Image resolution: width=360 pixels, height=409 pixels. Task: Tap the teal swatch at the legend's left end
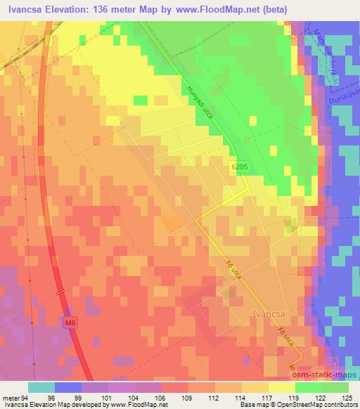41,387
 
